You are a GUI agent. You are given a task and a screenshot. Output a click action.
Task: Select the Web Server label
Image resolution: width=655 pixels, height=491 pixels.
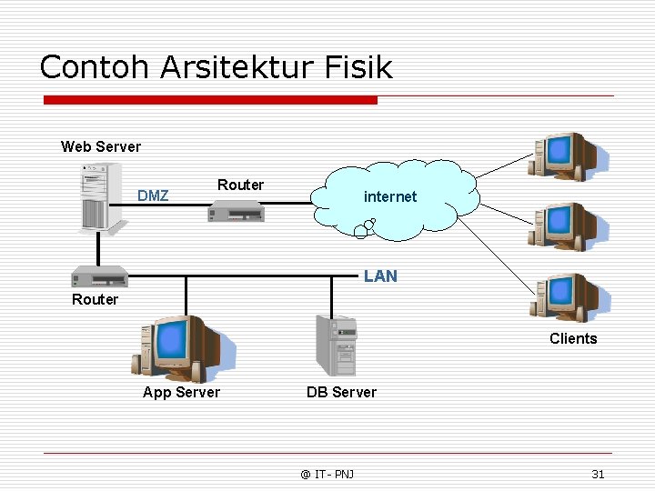pos(101,146)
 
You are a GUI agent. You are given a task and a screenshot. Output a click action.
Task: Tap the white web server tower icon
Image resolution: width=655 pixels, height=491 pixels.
pos(100,197)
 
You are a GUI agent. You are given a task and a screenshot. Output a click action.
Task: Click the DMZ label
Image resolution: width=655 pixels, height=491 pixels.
pos(153,195)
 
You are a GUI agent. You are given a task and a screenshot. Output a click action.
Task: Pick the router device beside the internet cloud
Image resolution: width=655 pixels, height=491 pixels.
pos(236,212)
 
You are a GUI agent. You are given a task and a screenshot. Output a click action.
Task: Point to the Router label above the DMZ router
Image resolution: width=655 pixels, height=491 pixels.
pos(240,185)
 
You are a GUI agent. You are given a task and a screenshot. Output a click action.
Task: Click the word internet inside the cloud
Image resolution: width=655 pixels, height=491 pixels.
pos(390,196)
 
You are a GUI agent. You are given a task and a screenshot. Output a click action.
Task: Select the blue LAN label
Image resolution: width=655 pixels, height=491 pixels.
pos(380,276)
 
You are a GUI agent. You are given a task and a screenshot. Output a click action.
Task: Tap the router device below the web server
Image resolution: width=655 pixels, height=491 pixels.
pos(98,277)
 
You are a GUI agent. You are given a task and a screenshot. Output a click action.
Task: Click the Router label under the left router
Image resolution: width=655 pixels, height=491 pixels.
pos(95,299)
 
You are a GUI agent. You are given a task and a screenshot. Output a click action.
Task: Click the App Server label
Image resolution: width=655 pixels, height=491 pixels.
pos(181,392)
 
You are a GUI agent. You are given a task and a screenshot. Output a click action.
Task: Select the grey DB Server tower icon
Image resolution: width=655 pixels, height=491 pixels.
pos(337,345)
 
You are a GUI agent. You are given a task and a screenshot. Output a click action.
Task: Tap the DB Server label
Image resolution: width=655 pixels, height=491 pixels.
pos(341,392)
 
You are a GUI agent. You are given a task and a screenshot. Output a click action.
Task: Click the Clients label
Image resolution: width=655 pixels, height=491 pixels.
pos(573,338)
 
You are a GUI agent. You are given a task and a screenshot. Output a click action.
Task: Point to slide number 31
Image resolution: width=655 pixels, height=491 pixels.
pos(598,474)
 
